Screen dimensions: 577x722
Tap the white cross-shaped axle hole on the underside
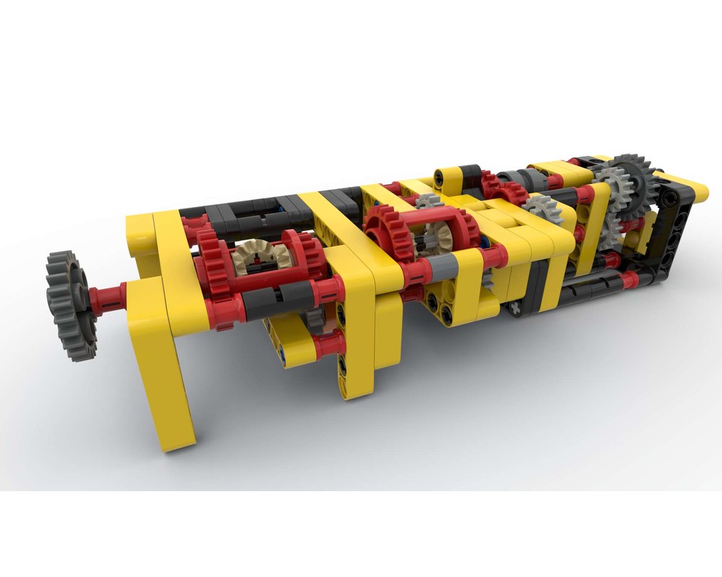click(516, 309)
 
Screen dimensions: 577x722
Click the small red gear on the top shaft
click(505, 190)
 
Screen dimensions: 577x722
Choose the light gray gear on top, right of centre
click(541, 209)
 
